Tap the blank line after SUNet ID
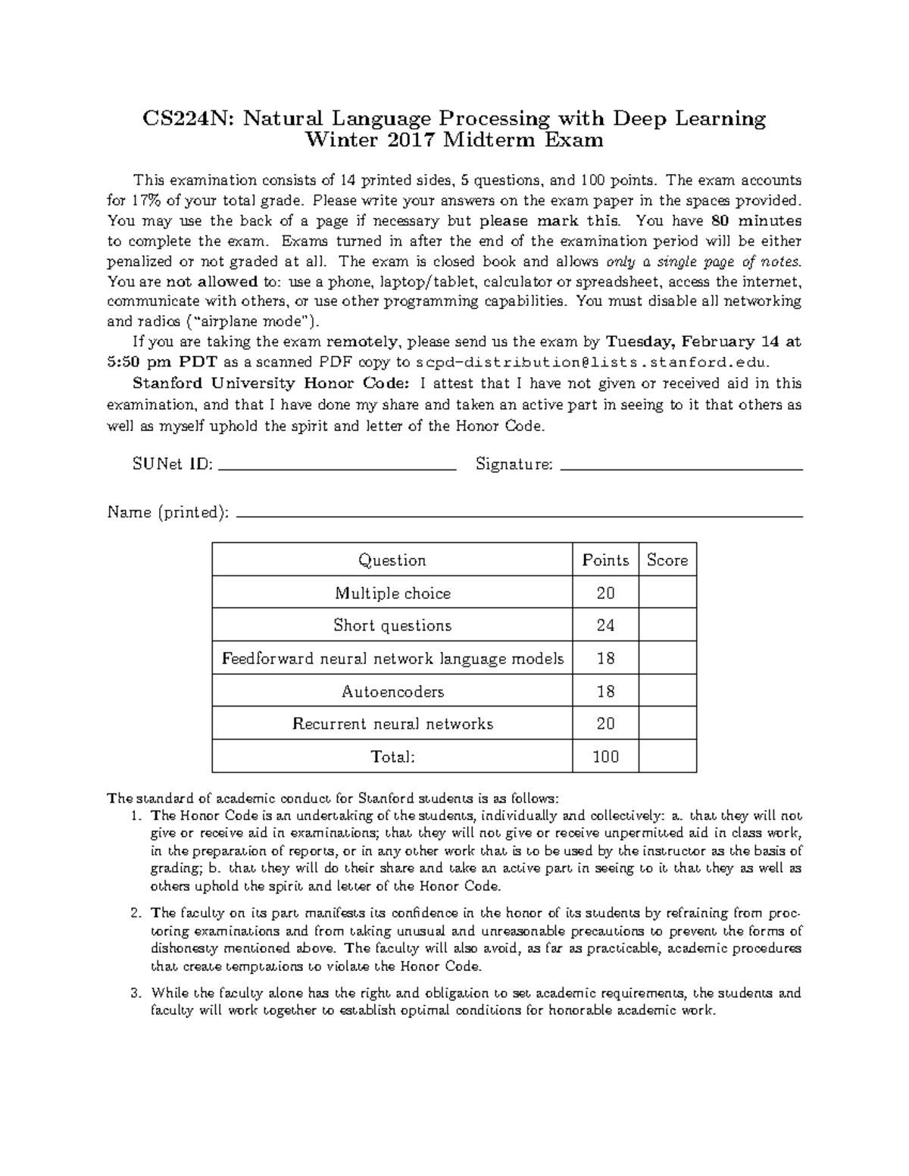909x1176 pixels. (336, 468)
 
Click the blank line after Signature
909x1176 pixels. (680, 468)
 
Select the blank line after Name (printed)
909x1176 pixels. (519, 515)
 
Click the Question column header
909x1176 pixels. (392, 560)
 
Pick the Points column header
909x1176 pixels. (605, 560)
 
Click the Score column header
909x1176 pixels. (667, 560)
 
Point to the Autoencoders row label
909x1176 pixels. (392, 691)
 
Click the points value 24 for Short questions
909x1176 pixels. (605, 625)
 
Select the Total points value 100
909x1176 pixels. (605, 756)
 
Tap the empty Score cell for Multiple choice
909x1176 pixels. (667, 593)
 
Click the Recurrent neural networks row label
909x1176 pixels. (392, 724)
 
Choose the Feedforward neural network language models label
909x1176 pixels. (392, 659)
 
